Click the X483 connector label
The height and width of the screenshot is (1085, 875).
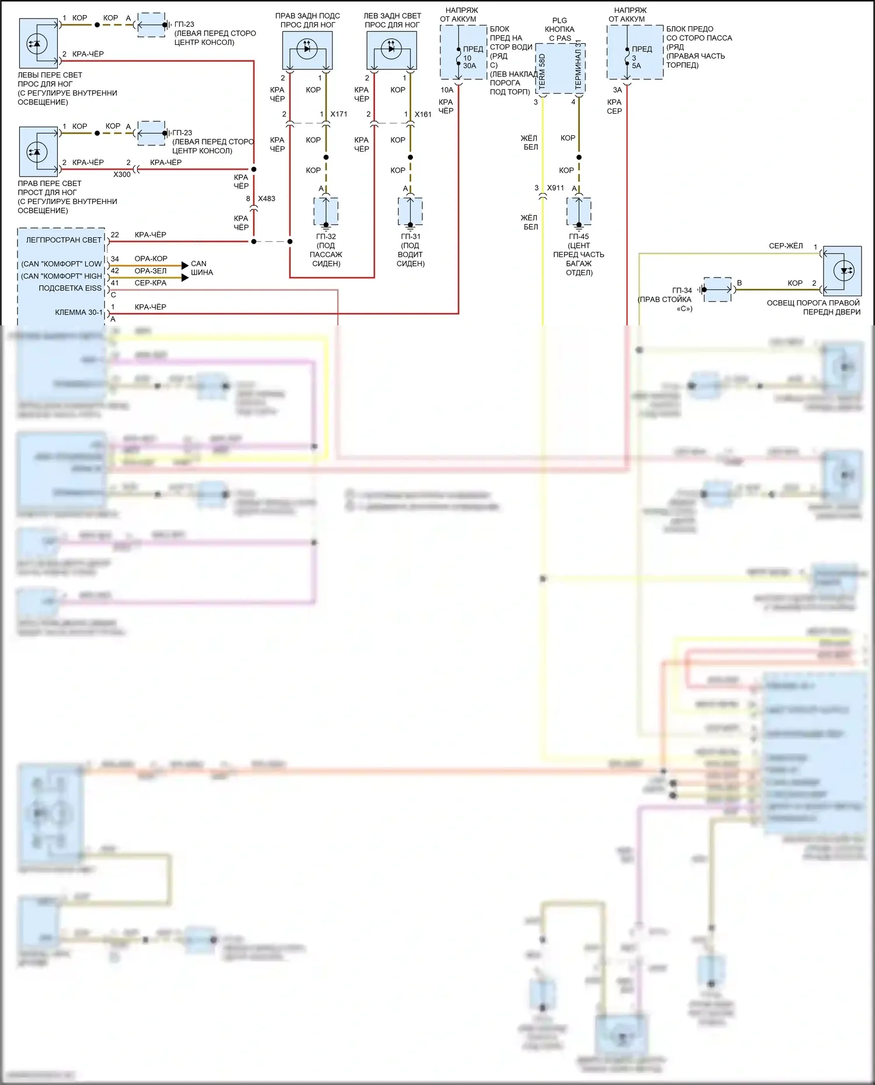tap(267, 199)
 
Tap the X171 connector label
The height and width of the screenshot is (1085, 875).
tap(338, 114)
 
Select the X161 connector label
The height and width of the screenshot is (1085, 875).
tap(423, 114)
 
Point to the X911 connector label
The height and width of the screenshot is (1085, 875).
tap(555, 188)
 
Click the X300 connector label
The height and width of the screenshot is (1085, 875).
tap(122, 174)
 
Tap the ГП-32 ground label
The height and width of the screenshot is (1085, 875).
tap(326, 237)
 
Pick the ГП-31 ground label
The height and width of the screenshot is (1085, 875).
tap(411, 237)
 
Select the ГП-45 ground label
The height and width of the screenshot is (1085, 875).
tap(579, 237)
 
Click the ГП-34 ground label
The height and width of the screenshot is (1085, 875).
tap(682, 290)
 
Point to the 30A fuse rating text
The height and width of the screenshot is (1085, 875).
tap(470, 66)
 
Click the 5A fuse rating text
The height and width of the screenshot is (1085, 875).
tap(636, 66)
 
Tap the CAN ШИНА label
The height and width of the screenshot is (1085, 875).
tap(201, 268)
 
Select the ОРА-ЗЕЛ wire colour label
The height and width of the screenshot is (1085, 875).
tap(150, 271)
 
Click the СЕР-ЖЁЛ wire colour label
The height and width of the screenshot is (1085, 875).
tap(786, 246)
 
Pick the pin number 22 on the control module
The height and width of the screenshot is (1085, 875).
tap(115, 235)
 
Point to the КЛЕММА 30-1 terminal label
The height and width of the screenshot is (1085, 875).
tap(78, 312)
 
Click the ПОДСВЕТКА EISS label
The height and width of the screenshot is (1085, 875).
tap(70, 288)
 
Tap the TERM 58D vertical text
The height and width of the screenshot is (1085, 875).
tap(542, 71)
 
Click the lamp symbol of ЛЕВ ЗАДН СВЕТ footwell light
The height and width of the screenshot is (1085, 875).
tap(391, 49)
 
